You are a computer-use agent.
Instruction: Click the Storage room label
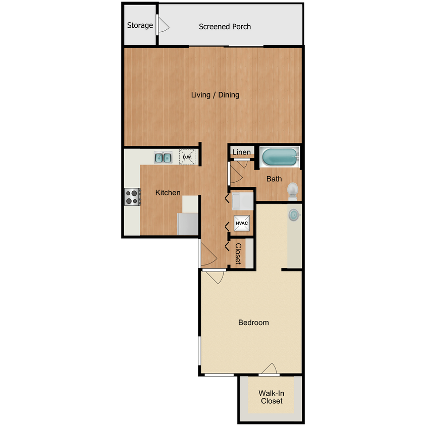click(x=140, y=25)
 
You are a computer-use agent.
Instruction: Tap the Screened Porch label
click(x=225, y=27)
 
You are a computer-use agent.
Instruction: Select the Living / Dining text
click(x=215, y=95)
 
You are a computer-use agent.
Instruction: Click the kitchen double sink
click(x=163, y=157)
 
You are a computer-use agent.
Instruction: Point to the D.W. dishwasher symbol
click(x=187, y=157)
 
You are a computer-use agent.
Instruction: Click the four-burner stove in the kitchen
click(x=133, y=197)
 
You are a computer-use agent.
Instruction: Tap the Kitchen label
click(x=168, y=193)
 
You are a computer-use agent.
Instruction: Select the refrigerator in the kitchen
click(x=188, y=224)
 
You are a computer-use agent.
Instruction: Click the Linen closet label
click(x=242, y=152)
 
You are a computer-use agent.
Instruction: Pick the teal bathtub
click(x=279, y=157)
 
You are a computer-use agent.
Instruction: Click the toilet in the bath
click(x=293, y=191)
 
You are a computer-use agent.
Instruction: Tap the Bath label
click(x=274, y=179)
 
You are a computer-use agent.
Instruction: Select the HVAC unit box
click(x=242, y=223)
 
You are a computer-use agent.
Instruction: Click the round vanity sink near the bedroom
click(x=294, y=215)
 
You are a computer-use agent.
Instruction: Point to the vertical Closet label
click(x=238, y=253)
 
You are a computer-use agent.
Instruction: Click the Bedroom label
click(x=253, y=323)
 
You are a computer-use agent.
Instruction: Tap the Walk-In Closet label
click(x=272, y=397)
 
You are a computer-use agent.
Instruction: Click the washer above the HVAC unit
click(x=242, y=201)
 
